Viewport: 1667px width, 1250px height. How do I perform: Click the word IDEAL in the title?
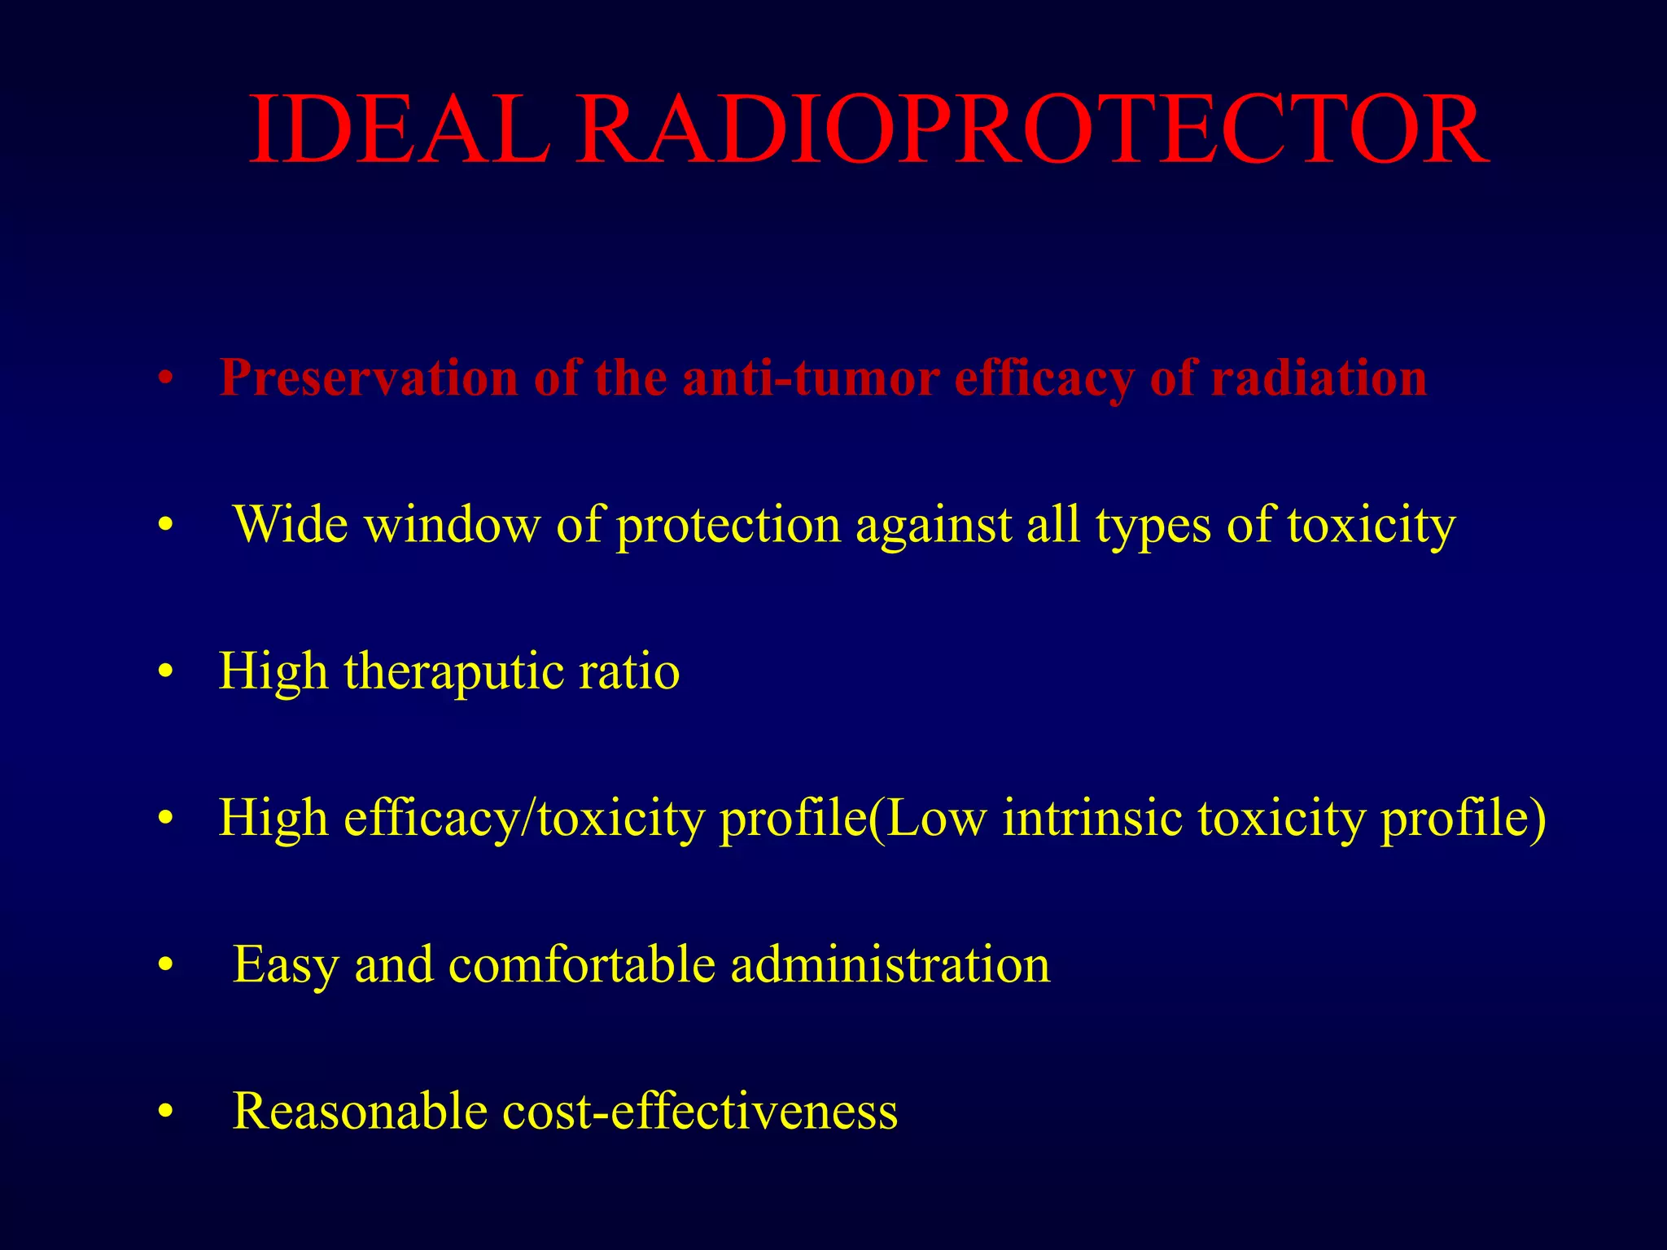click(399, 130)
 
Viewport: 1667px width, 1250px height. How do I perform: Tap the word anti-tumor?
click(810, 378)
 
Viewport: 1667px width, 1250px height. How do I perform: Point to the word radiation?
click(1319, 378)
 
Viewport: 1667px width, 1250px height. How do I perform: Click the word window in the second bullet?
click(452, 525)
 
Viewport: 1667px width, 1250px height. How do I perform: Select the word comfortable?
click(582, 965)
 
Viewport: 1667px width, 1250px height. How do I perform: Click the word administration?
click(890, 965)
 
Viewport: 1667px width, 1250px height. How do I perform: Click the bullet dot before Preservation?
click(166, 379)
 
